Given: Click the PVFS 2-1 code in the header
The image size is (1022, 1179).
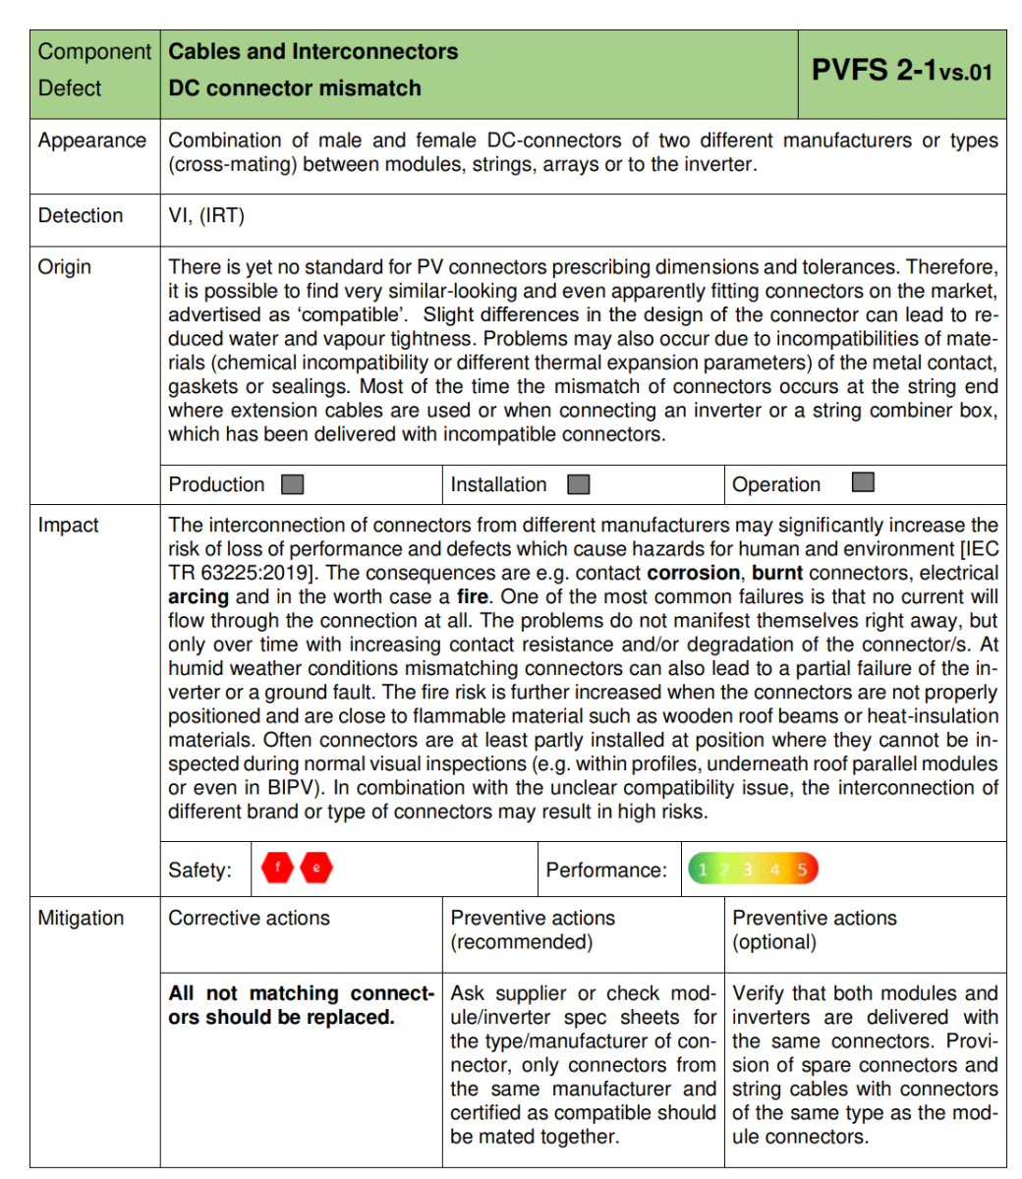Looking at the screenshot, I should pos(901,71).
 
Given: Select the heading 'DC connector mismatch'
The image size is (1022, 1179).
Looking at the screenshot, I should pos(295,87).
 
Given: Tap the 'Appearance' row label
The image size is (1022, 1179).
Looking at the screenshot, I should pos(91,140).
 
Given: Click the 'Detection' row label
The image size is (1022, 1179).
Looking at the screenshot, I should pos(81,215).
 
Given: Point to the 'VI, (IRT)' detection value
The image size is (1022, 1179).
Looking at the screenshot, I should pos(206,215).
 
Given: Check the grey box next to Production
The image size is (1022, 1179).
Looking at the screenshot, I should pos(292,484).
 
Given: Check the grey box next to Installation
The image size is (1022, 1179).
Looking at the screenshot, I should pos(579,484).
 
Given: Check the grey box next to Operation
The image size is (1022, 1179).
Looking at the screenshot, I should pos(863,482).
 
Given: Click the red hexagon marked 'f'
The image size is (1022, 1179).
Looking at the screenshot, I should pos(278,869).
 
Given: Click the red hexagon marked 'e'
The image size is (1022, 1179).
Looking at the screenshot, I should pos(316,869).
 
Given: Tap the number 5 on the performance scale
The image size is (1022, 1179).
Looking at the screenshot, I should pos(802,870).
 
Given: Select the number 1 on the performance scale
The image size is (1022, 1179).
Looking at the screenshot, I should pos(702,870).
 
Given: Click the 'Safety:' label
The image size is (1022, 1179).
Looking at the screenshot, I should pos(200,870).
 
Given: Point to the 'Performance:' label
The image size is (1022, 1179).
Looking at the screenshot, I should pos(606,870).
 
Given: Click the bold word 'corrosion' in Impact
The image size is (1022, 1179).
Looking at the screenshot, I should pos(693,573).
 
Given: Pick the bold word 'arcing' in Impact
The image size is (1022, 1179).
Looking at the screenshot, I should pos(199,596).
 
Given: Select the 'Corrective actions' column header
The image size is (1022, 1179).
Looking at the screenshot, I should pos(250,918).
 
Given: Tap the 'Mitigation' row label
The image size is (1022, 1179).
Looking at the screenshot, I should pos(81,918).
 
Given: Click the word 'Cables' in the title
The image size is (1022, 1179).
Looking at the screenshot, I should pos(200,51).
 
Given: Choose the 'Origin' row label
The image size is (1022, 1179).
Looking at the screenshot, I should pos(64,266).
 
